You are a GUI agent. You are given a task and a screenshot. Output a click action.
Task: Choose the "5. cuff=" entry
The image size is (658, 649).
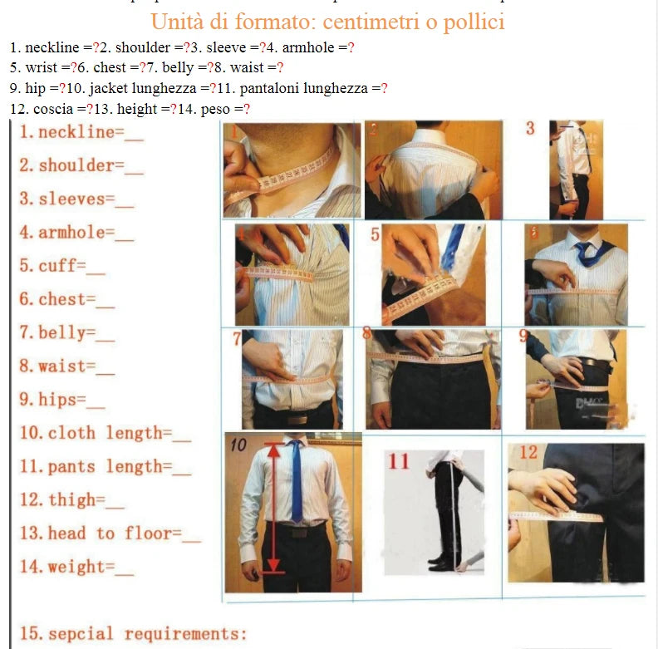pos(61,266)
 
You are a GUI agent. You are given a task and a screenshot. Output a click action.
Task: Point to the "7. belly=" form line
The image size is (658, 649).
pos(66,332)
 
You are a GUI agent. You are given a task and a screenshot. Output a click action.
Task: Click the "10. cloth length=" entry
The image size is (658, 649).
pos(105,433)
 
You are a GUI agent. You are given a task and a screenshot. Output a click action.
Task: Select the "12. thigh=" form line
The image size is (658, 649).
pos(71,499)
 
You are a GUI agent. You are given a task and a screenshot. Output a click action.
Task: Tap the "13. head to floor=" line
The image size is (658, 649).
pos(109,533)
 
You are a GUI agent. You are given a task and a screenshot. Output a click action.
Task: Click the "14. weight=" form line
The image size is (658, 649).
pos(76,568)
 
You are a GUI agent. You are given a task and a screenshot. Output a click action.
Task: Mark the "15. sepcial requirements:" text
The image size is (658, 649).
pos(133,634)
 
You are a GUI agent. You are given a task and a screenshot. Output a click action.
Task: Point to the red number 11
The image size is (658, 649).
pos(400,462)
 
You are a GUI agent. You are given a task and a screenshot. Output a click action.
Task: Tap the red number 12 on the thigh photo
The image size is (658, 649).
pos(528,453)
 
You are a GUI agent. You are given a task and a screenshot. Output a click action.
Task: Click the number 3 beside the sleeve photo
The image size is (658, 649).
pos(531,129)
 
